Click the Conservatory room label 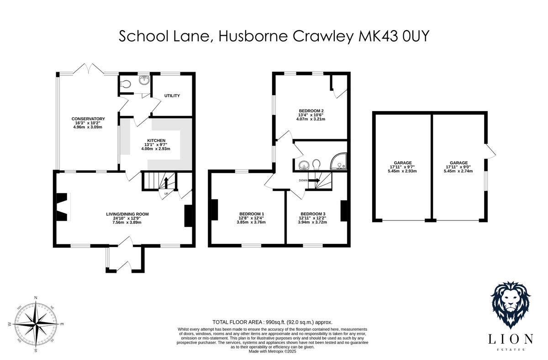point(88,119)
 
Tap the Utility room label point(172,95)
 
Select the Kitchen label point(156,140)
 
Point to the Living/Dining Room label point(127,214)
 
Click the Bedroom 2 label point(311,111)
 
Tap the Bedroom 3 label point(313,214)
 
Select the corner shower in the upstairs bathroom point(338,161)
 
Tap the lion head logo point(510,303)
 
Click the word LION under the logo point(510,339)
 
